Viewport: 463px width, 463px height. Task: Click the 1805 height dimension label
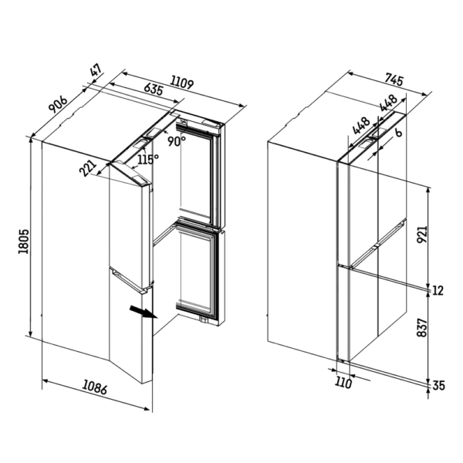coord(23,241)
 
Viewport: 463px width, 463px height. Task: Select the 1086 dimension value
coord(95,387)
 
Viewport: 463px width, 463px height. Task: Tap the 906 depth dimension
coord(58,104)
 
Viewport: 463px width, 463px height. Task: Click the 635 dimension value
coord(154,89)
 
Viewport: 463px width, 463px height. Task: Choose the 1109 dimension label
coord(182,83)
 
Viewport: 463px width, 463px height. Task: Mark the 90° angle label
coord(177,141)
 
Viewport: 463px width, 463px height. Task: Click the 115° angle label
coord(148,160)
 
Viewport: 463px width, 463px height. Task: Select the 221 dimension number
coord(88,168)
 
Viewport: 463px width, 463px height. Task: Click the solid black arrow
coord(144,312)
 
